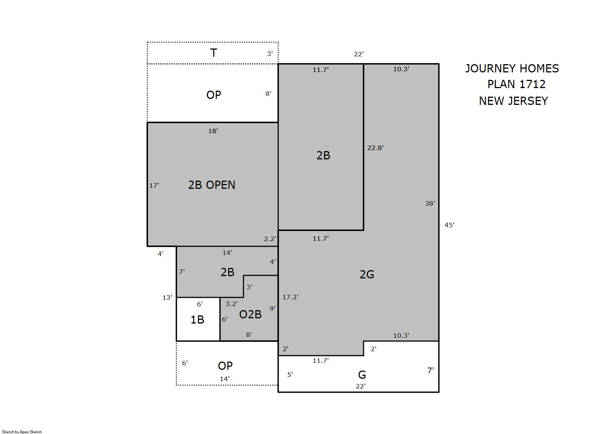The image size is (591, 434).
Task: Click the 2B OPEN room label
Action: [211, 185]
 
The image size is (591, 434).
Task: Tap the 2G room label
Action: [367, 275]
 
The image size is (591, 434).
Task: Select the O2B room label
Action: [250, 315]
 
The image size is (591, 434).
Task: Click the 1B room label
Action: [197, 320]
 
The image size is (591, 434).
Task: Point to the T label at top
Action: [213, 53]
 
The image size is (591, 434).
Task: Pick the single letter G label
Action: [362, 375]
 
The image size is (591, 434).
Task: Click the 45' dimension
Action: [449, 225]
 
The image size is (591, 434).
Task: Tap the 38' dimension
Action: [430, 203]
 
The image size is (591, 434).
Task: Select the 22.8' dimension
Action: [375, 148]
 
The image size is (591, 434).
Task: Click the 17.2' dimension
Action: [290, 297]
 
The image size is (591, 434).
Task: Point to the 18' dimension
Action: [213, 131]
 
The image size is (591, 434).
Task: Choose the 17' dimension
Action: [154, 185]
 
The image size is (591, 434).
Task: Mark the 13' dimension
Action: [167, 297]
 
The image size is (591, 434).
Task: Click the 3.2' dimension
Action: [232, 304]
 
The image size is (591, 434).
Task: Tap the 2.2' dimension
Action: [270, 239]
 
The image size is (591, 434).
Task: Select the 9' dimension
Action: [272, 308]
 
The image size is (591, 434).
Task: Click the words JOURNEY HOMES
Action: [512, 69]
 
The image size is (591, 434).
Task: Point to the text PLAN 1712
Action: [516, 84]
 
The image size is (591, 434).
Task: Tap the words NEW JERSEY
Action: [513, 101]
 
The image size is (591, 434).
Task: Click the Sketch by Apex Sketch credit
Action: [22, 432]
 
